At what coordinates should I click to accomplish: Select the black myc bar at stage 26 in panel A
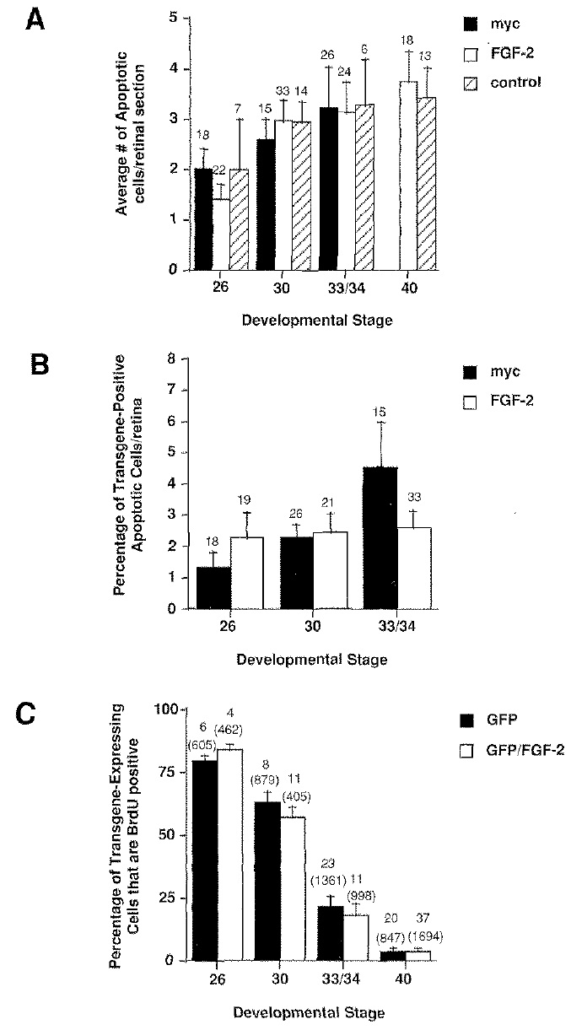(x=202, y=218)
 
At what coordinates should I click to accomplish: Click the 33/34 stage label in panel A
(x=340, y=287)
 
